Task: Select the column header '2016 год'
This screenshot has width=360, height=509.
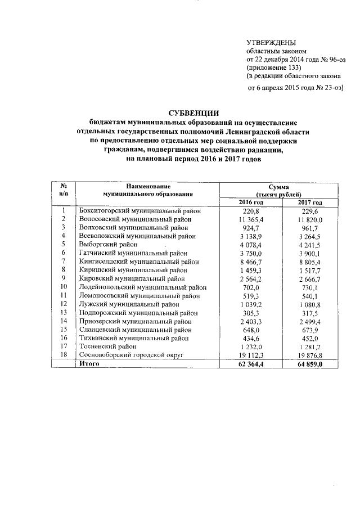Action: (251, 202)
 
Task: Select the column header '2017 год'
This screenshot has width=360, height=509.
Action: (310, 202)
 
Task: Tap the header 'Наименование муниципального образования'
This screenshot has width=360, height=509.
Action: (148, 189)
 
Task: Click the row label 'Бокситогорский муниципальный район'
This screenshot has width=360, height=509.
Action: (139, 210)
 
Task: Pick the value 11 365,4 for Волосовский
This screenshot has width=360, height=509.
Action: (251, 219)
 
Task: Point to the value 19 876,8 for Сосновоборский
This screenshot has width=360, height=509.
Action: (310, 355)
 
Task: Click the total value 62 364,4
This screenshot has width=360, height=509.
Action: (251, 364)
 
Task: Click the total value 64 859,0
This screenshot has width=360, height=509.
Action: (310, 364)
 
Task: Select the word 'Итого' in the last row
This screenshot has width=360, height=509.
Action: (89, 364)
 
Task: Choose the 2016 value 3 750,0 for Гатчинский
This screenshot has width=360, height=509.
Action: (251, 253)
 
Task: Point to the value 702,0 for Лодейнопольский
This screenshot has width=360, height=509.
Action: (251, 287)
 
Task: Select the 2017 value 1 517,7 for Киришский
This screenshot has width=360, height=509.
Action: (310, 270)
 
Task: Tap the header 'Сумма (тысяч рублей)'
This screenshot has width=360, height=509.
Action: (280, 190)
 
